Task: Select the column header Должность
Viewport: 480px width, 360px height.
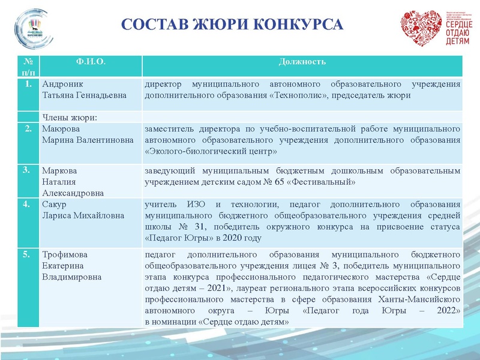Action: (x=302, y=62)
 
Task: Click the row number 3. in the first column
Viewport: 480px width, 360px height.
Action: (x=26, y=170)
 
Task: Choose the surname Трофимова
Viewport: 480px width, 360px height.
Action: (x=64, y=254)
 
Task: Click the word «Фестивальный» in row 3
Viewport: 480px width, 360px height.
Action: (x=328, y=181)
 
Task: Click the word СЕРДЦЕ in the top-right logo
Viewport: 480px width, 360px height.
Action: (x=457, y=23)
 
